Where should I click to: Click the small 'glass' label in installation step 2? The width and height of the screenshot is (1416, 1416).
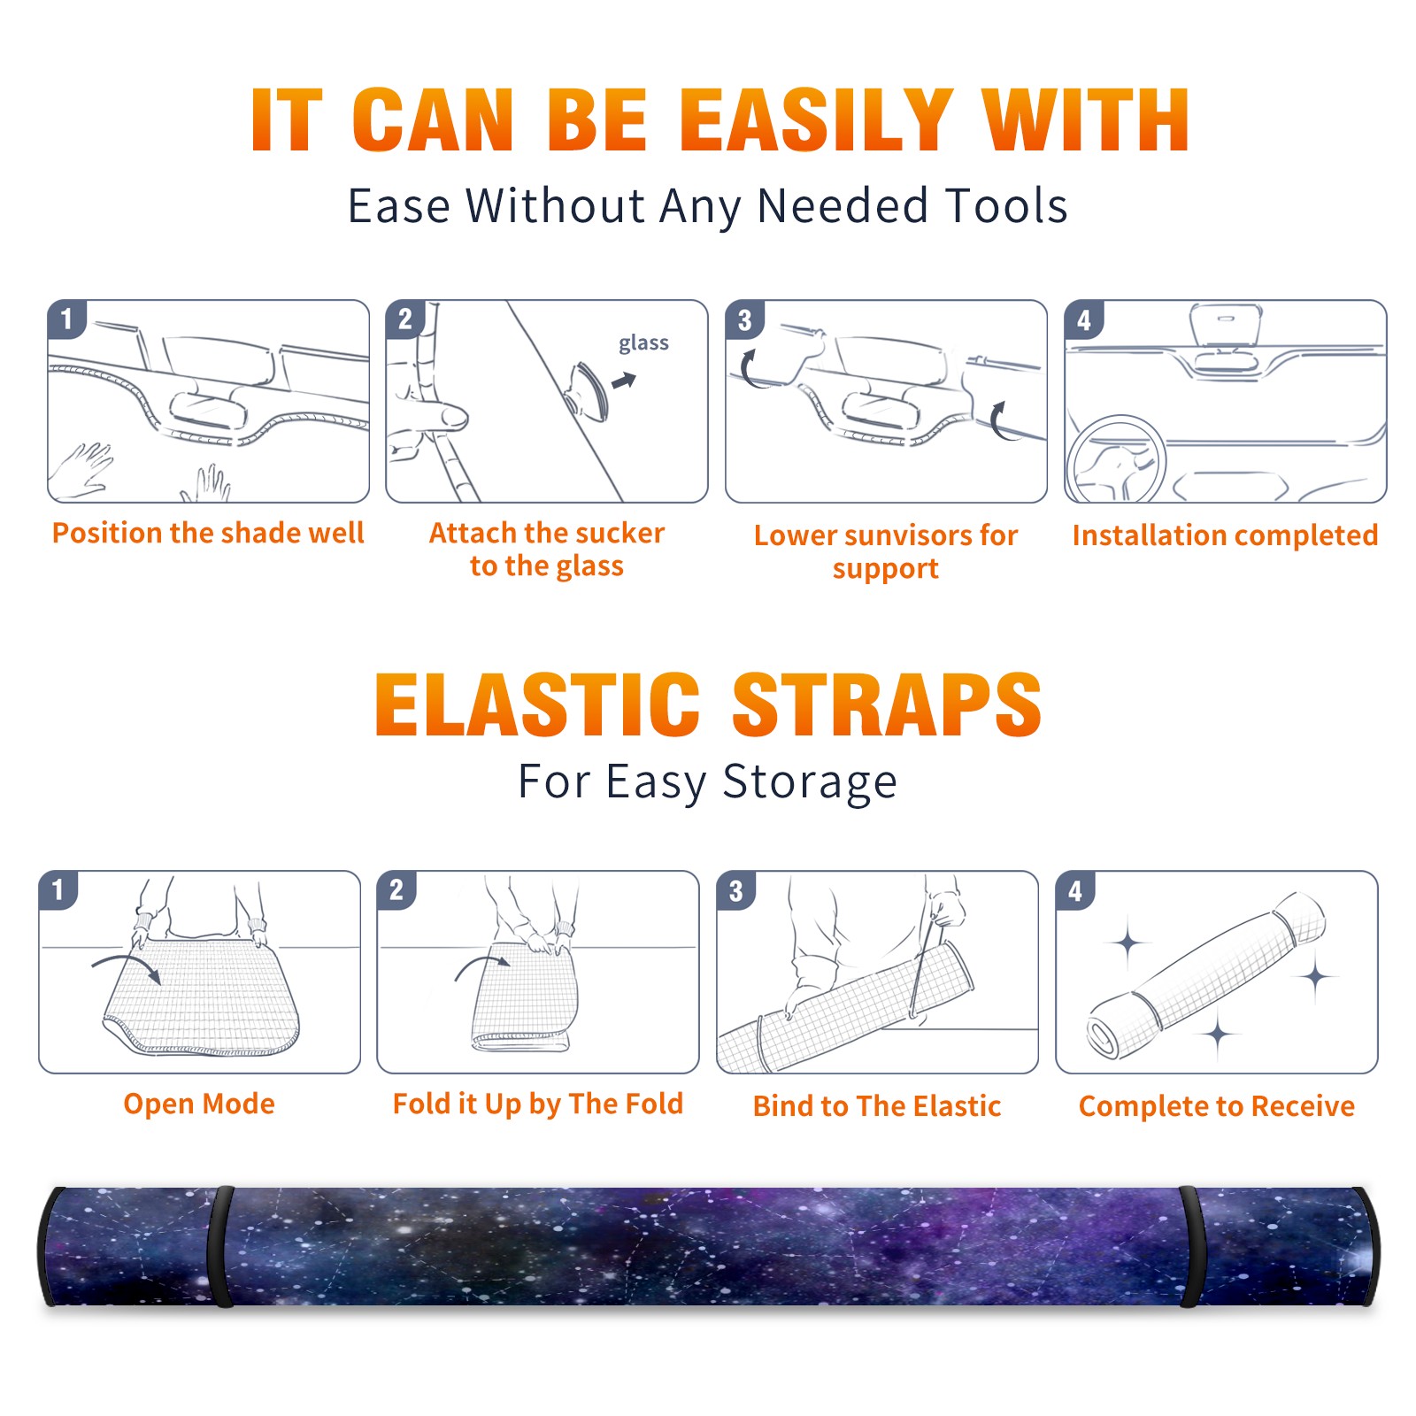pos(643,343)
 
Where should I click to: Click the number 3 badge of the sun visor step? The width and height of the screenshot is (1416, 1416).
pos(744,319)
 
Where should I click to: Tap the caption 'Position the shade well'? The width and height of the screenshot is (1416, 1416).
pos(208,533)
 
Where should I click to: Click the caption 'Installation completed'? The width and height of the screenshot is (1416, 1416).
pos(1225,535)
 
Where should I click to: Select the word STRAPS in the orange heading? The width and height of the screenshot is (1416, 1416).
pos(887,704)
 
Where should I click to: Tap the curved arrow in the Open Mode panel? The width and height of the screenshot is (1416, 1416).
pos(126,966)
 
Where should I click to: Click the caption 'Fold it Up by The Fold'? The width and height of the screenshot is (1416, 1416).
pos(538,1104)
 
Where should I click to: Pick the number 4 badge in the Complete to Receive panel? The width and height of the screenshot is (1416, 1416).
pos(1074,890)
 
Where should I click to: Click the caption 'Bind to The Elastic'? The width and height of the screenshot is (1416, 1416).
pos(877,1105)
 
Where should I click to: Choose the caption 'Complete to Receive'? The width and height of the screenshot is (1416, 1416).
pos(1217,1105)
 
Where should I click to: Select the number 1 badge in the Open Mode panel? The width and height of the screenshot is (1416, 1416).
pos(58,890)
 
